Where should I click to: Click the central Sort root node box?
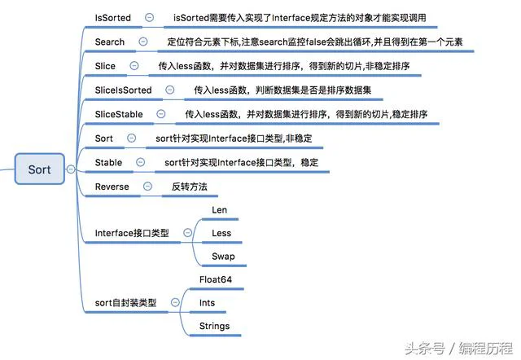(x=40, y=169)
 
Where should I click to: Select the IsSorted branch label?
(x=113, y=18)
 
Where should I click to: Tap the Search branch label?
(x=110, y=42)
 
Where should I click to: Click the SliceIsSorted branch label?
(x=123, y=90)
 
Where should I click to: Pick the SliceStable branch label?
(x=119, y=114)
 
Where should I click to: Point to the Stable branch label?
(x=108, y=163)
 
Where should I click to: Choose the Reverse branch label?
(x=112, y=187)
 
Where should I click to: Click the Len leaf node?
(x=219, y=210)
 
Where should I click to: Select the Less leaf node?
(x=221, y=234)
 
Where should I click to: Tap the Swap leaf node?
(x=223, y=257)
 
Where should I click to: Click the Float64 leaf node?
(x=216, y=279)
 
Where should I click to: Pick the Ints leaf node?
(x=207, y=303)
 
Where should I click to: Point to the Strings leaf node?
(x=214, y=326)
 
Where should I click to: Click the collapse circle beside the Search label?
(x=143, y=42)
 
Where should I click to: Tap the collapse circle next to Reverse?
(x=147, y=187)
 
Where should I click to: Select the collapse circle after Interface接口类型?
(x=188, y=233)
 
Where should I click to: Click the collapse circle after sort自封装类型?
(x=175, y=302)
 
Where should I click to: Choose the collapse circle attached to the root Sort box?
(x=71, y=169)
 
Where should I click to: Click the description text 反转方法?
(x=190, y=187)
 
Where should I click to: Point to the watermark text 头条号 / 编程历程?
(x=459, y=349)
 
